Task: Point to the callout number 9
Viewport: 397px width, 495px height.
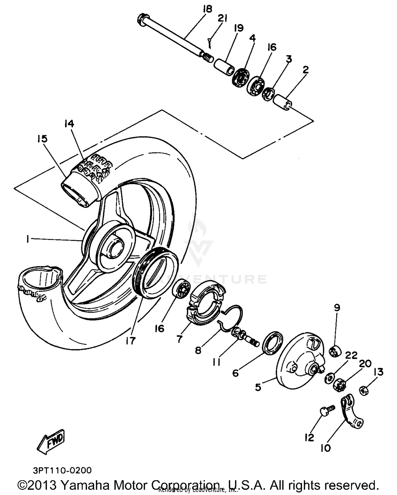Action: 337,307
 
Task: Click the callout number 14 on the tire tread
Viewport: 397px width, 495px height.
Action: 69,124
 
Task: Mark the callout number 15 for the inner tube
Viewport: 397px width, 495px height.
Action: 42,138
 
